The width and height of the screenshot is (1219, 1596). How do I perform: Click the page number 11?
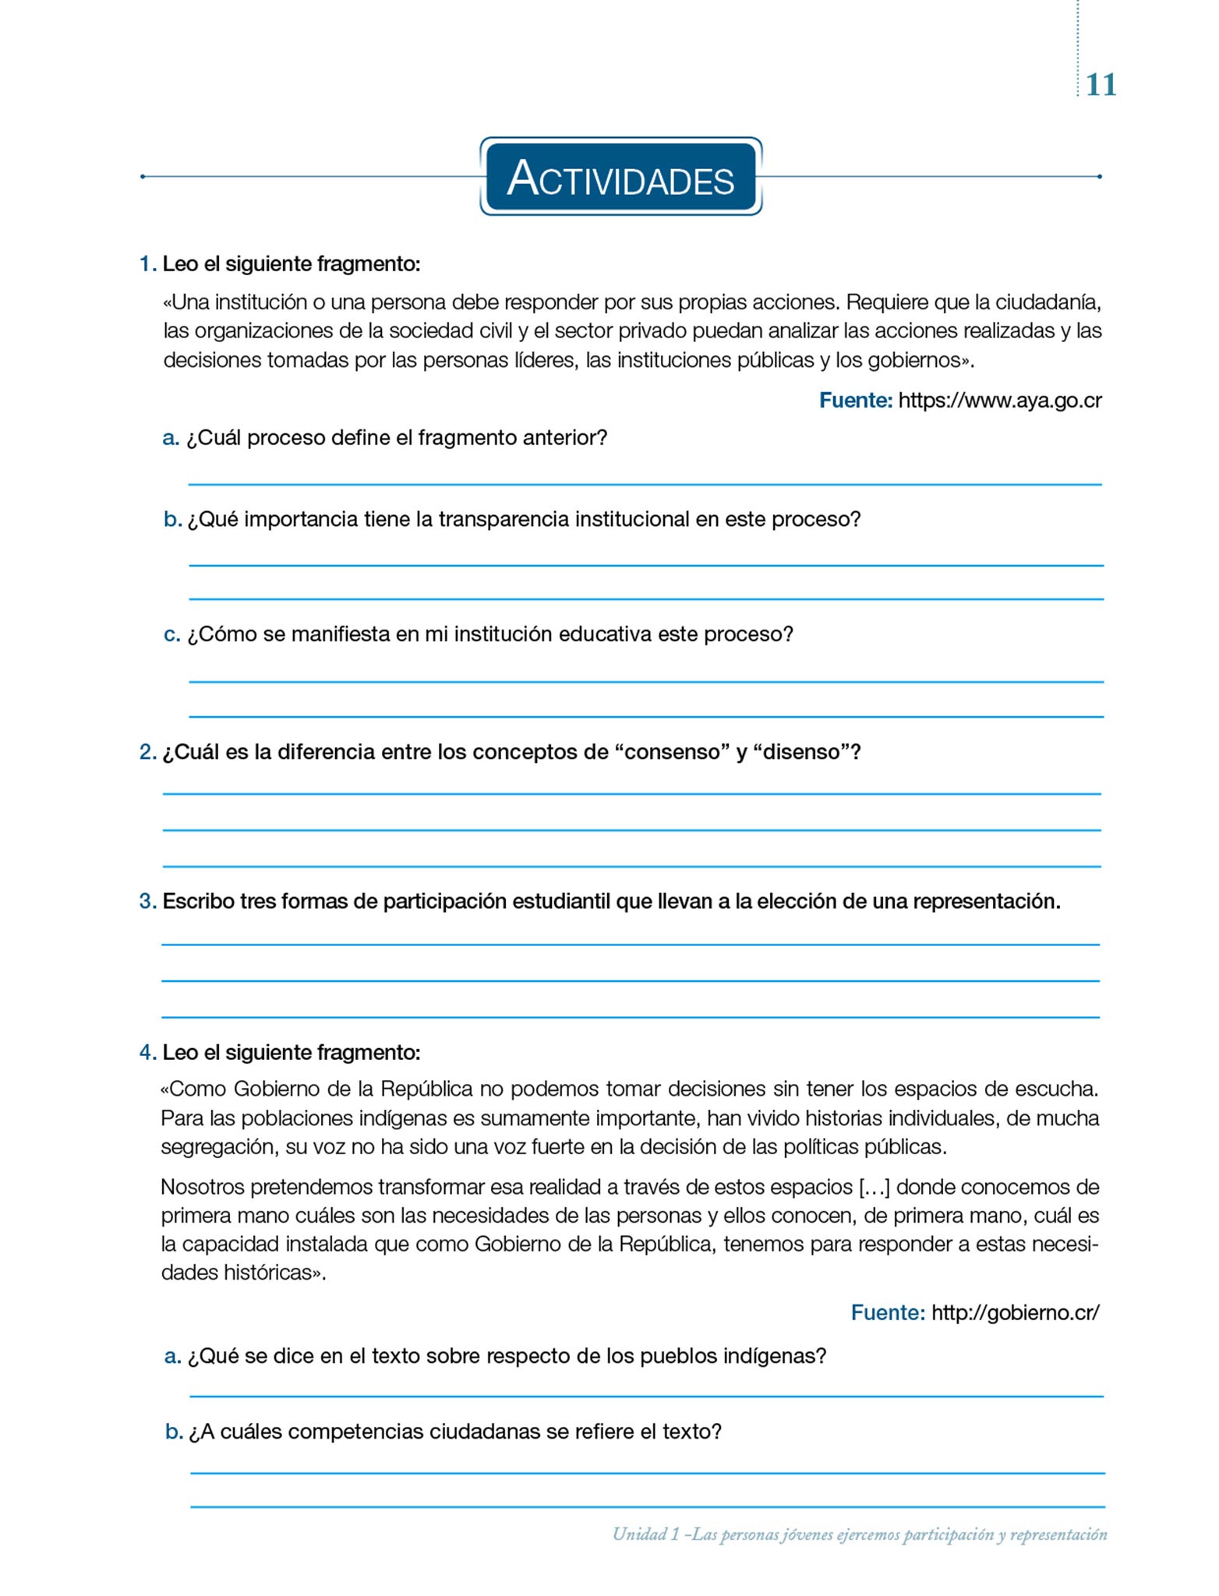(x=1101, y=84)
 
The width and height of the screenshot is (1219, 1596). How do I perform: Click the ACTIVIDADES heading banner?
(x=620, y=177)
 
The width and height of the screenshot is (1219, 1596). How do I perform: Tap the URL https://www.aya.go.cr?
(x=999, y=401)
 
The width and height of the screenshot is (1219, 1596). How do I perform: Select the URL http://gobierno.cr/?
(x=1015, y=1312)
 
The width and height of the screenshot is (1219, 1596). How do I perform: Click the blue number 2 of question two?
(x=147, y=752)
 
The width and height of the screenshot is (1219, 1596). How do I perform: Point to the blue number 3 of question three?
(x=147, y=902)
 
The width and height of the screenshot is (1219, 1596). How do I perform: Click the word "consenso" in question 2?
(x=670, y=752)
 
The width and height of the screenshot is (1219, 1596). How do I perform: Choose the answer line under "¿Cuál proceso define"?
(x=644, y=484)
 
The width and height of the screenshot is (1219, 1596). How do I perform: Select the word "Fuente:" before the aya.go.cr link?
(x=855, y=401)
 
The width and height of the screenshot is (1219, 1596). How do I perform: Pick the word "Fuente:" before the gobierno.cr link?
(x=888, y=1312)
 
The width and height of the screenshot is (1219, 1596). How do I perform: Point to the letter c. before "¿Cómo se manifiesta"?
(x=171, y=635)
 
